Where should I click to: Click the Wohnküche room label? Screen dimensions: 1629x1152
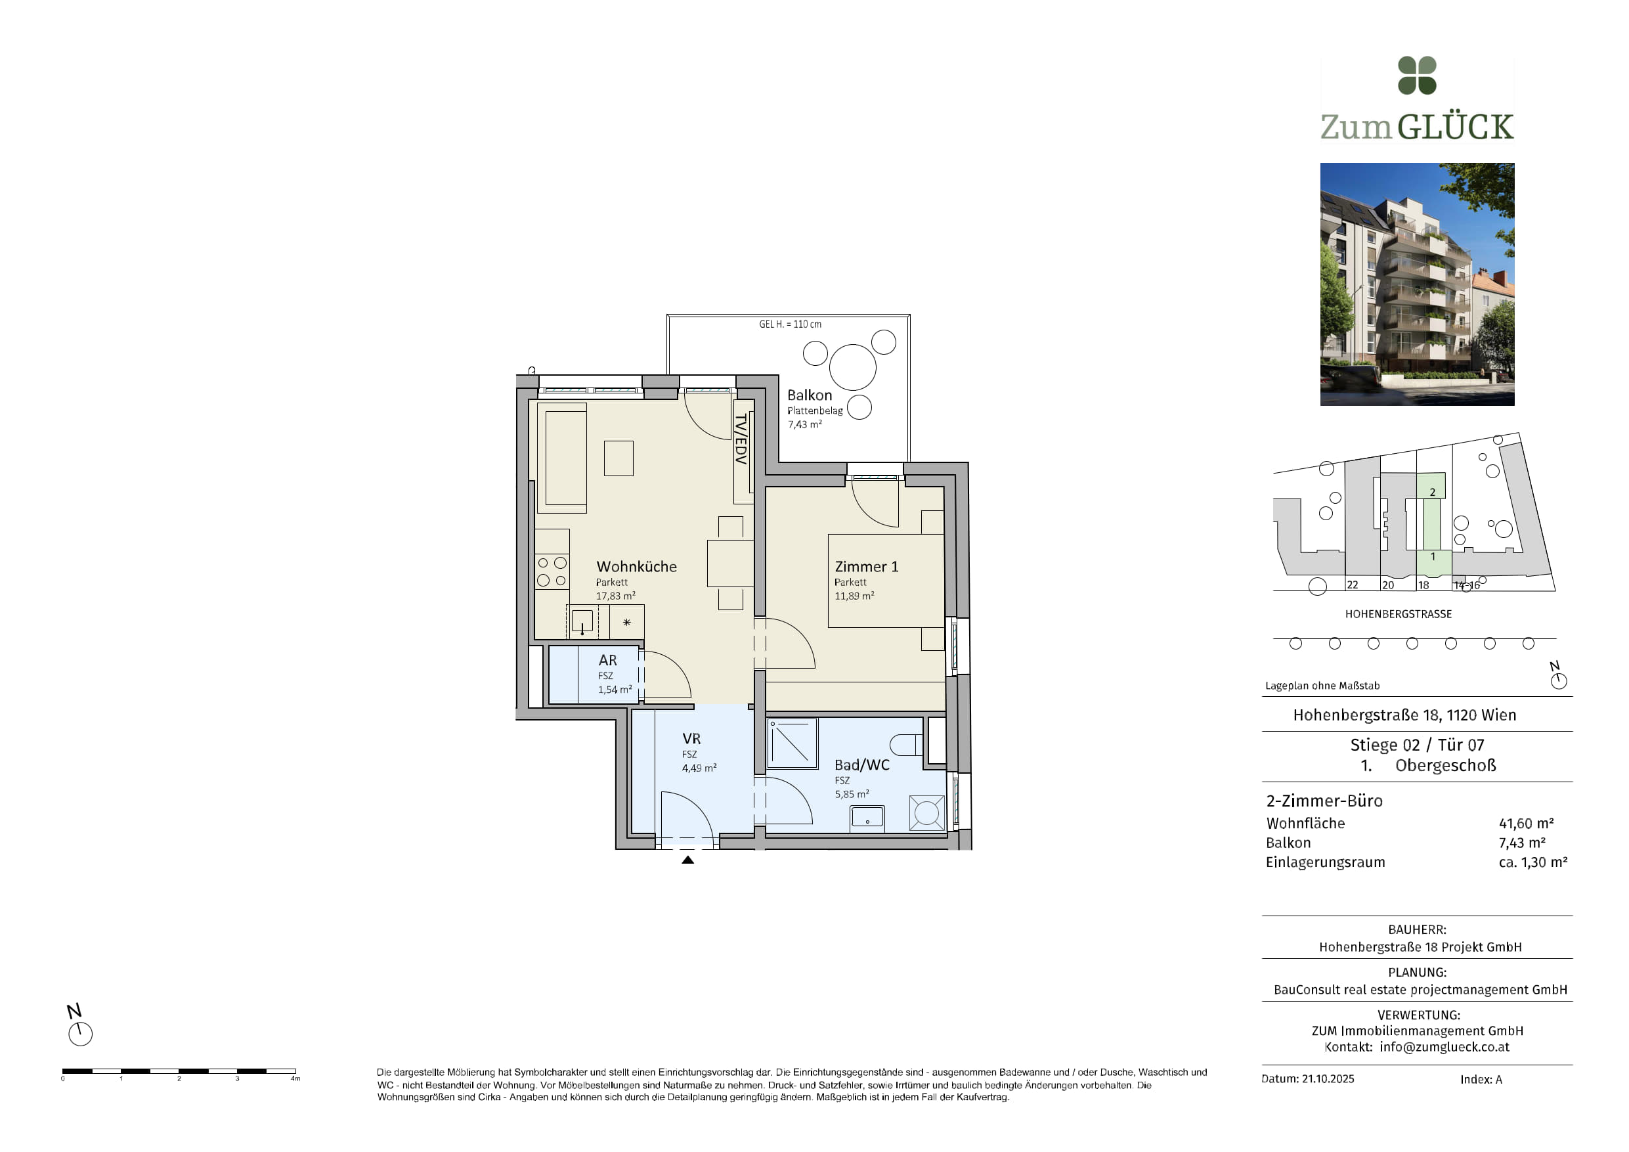tap(636, 566)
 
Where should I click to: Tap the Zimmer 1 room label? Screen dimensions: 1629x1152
tap(866, 566)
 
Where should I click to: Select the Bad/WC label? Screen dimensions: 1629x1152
tap(861, 764)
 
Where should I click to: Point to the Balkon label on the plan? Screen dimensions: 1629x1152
tap(810, 395)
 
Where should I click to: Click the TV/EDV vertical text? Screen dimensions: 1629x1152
tap(741, 439)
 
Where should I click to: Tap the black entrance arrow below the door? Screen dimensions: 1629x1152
tap(687, 860)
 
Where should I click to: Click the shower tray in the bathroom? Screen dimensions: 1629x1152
tap(792, 743)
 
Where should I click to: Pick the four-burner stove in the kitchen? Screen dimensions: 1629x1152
tap(552, 571)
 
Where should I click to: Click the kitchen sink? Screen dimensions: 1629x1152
tap(582, 621)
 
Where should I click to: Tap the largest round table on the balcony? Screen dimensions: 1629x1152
tap(853, 367)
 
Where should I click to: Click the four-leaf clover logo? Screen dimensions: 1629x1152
tap(1417, 76)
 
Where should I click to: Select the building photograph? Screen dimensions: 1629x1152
tap(1417, 284)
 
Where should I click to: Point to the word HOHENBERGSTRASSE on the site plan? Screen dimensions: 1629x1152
tap(1399, 614)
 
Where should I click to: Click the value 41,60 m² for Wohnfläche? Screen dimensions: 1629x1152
tap(1526, 824)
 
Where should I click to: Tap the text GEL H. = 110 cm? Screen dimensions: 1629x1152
tap(791, 324)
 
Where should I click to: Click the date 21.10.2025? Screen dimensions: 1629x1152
tap(1328, 1079)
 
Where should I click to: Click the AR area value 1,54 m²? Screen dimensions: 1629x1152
tap(615, 689)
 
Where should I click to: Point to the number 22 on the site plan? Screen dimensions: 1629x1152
tap(1353, 585)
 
